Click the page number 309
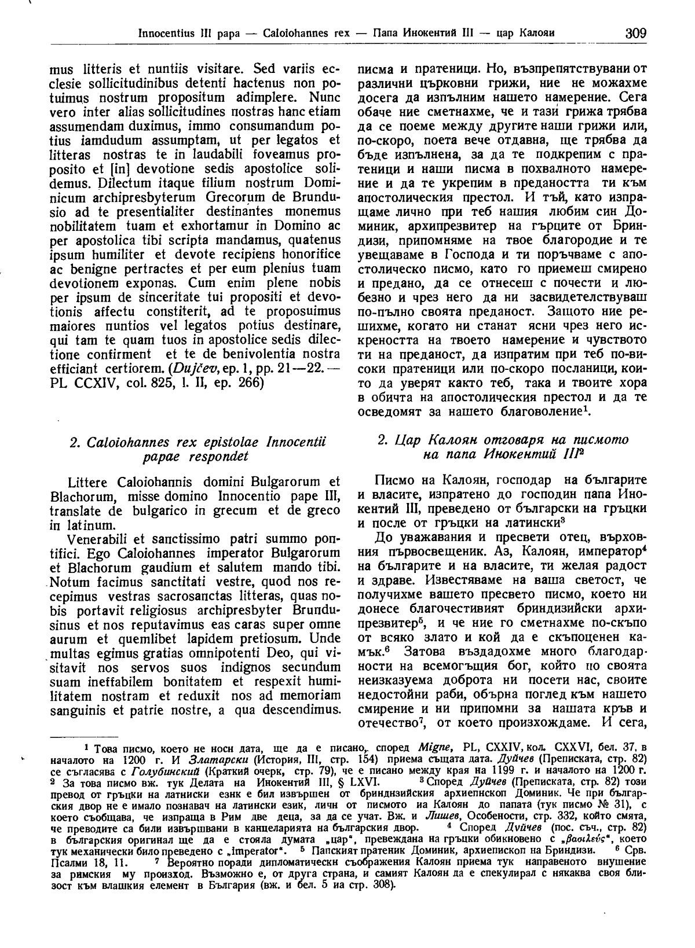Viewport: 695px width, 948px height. click(635, 32)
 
